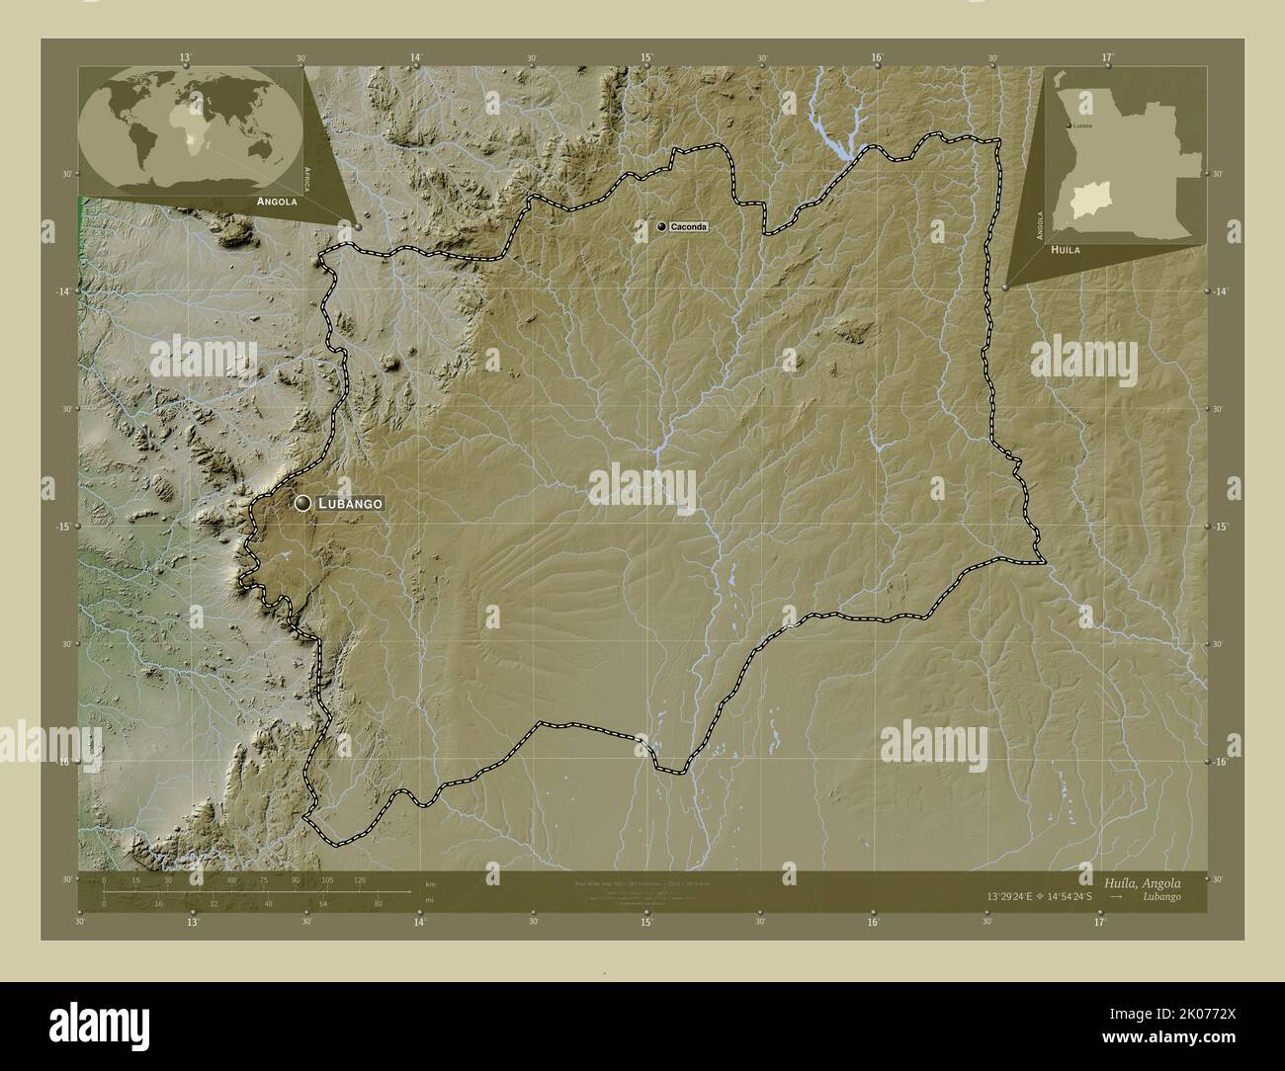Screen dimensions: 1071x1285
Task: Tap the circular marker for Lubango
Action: (302, 504)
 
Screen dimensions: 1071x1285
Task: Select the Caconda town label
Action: (688, 227)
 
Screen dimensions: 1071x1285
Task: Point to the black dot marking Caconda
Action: (662, 227)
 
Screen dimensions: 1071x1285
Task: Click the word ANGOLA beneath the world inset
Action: (277, 201)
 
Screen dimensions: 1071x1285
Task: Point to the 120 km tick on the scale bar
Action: (360, 879)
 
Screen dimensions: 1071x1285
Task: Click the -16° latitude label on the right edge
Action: (1219, 762)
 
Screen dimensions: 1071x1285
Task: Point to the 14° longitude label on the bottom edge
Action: (419, 923)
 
